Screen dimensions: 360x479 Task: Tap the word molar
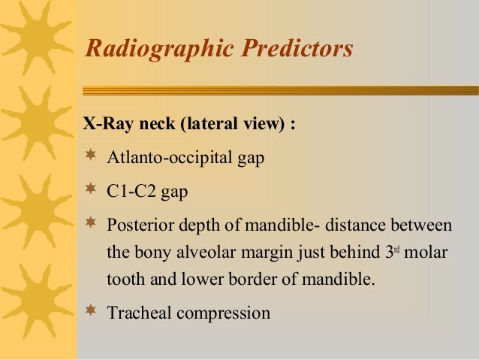(426, 253)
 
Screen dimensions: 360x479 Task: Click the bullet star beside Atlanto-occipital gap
(91, 157)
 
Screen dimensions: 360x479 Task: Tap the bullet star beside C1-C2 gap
(91, 189)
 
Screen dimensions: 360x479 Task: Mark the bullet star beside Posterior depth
(91, 223)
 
